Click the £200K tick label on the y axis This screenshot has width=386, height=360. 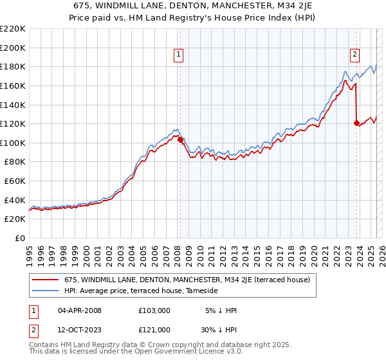[x=13, y=48]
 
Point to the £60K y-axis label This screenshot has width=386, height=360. [x=15, y=181]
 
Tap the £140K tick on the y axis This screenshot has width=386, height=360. [x=13, y=105]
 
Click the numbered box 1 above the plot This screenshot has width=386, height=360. [x=178, y=55]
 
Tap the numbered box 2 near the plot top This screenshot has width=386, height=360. [x=354, y=55]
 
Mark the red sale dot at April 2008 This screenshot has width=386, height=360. [x=180, y=139]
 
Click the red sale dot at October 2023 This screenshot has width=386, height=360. [x=356, y=123]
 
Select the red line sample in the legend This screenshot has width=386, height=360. [x=46, y=280]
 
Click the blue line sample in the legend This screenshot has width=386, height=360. [x=46, y=291]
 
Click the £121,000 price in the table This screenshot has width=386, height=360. [x=154, y=330]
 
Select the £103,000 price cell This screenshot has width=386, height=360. [x=154, y=310]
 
